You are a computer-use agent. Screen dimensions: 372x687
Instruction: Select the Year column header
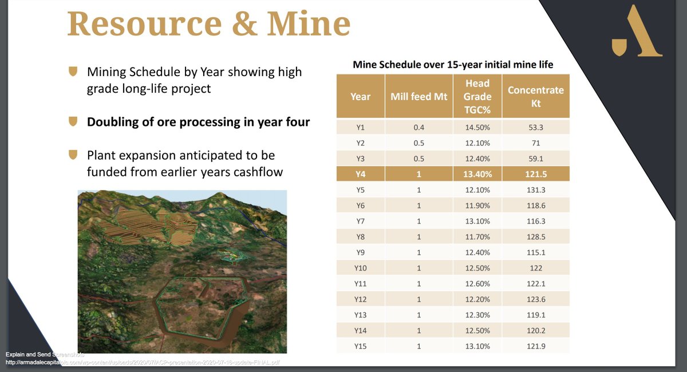pyautogui.click(x=360, y=97)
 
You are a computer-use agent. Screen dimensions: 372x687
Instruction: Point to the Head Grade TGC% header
pyautogui.click(x=477, y=97)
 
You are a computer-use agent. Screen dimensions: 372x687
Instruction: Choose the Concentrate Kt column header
pyautogui.click(x=535, y=97)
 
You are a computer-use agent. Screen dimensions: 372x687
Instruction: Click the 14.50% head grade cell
pyautogui.click(x=477, y=127)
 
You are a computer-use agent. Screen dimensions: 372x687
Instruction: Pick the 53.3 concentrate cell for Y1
pyautogui.click(x=535, y=127)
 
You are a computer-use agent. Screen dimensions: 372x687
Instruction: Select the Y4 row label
pyautogui.click(x=360, y=173)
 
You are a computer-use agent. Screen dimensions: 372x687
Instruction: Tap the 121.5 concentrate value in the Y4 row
pyautogui.click(x=535, y=173)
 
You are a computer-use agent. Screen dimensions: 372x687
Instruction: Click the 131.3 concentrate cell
pyautogui.click(x=535, y=189)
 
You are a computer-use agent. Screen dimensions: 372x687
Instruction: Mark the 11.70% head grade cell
pyautogui.click(x=477, y=236)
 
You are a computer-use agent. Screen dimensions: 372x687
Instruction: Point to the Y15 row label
pyautogui.click(x=360, y=346)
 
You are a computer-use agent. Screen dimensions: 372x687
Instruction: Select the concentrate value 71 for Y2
pyautogui.click(x=535, y=143)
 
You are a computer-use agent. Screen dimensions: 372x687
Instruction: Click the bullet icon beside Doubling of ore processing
pyautogui.click(x=73, y=122)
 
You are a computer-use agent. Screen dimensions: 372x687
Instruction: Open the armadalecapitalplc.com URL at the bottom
pyautogui.click(x=143, y=362)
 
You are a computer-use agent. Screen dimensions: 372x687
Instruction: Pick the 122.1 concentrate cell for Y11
pyautogui.click(x=535, y=283)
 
